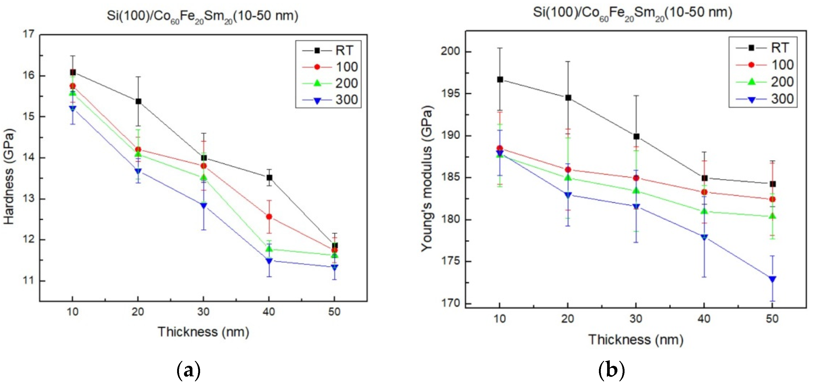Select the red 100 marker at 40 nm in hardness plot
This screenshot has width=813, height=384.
(269, 216)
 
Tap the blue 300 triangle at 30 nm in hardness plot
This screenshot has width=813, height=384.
(204, 205)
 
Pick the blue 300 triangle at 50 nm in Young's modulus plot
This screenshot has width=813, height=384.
(772, 279)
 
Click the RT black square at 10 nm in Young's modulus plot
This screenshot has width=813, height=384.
(500, 79)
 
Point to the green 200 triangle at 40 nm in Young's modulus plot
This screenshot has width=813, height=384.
(704, 211)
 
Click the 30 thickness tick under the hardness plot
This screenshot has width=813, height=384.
(204, 312)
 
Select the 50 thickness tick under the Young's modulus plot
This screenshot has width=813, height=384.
(772, 319)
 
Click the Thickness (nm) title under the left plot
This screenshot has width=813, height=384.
(204, 332)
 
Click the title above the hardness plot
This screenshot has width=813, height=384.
(202, 16)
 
